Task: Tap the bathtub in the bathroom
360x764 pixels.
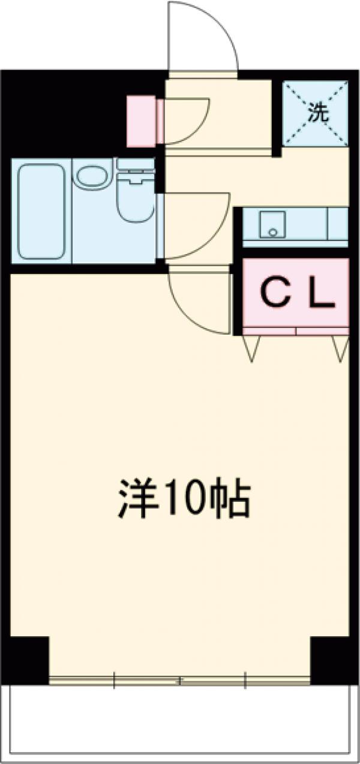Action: pos(41,211)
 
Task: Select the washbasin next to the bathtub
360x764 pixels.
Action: pos(92,178)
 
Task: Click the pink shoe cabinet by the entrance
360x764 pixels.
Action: pos(142,121)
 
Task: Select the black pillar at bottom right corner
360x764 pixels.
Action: pos(331,660)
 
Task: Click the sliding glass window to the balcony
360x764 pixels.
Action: pos(180,680)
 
